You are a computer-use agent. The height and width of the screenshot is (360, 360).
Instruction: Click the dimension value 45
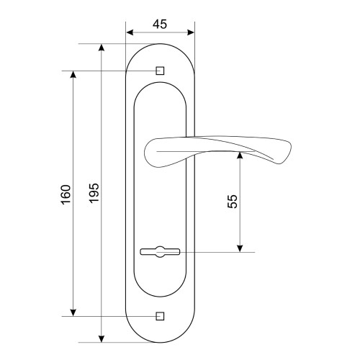tap(160, 24)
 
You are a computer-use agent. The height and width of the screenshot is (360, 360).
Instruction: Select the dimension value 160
tap(66, 194)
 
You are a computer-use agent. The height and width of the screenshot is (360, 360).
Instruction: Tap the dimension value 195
tap(94, 193)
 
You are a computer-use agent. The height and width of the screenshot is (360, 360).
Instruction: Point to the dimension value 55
tap(232, 201)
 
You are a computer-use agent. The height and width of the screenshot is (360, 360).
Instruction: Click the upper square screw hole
tap(160, 71)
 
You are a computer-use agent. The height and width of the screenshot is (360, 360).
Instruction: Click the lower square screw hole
tap(160, 316)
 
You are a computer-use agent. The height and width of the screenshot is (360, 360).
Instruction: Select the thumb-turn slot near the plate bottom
tap(160, 252)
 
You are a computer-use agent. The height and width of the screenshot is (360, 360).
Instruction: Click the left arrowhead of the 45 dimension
tap(130, 32)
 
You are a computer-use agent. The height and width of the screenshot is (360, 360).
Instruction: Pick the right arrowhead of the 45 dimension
tap(191, 32)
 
